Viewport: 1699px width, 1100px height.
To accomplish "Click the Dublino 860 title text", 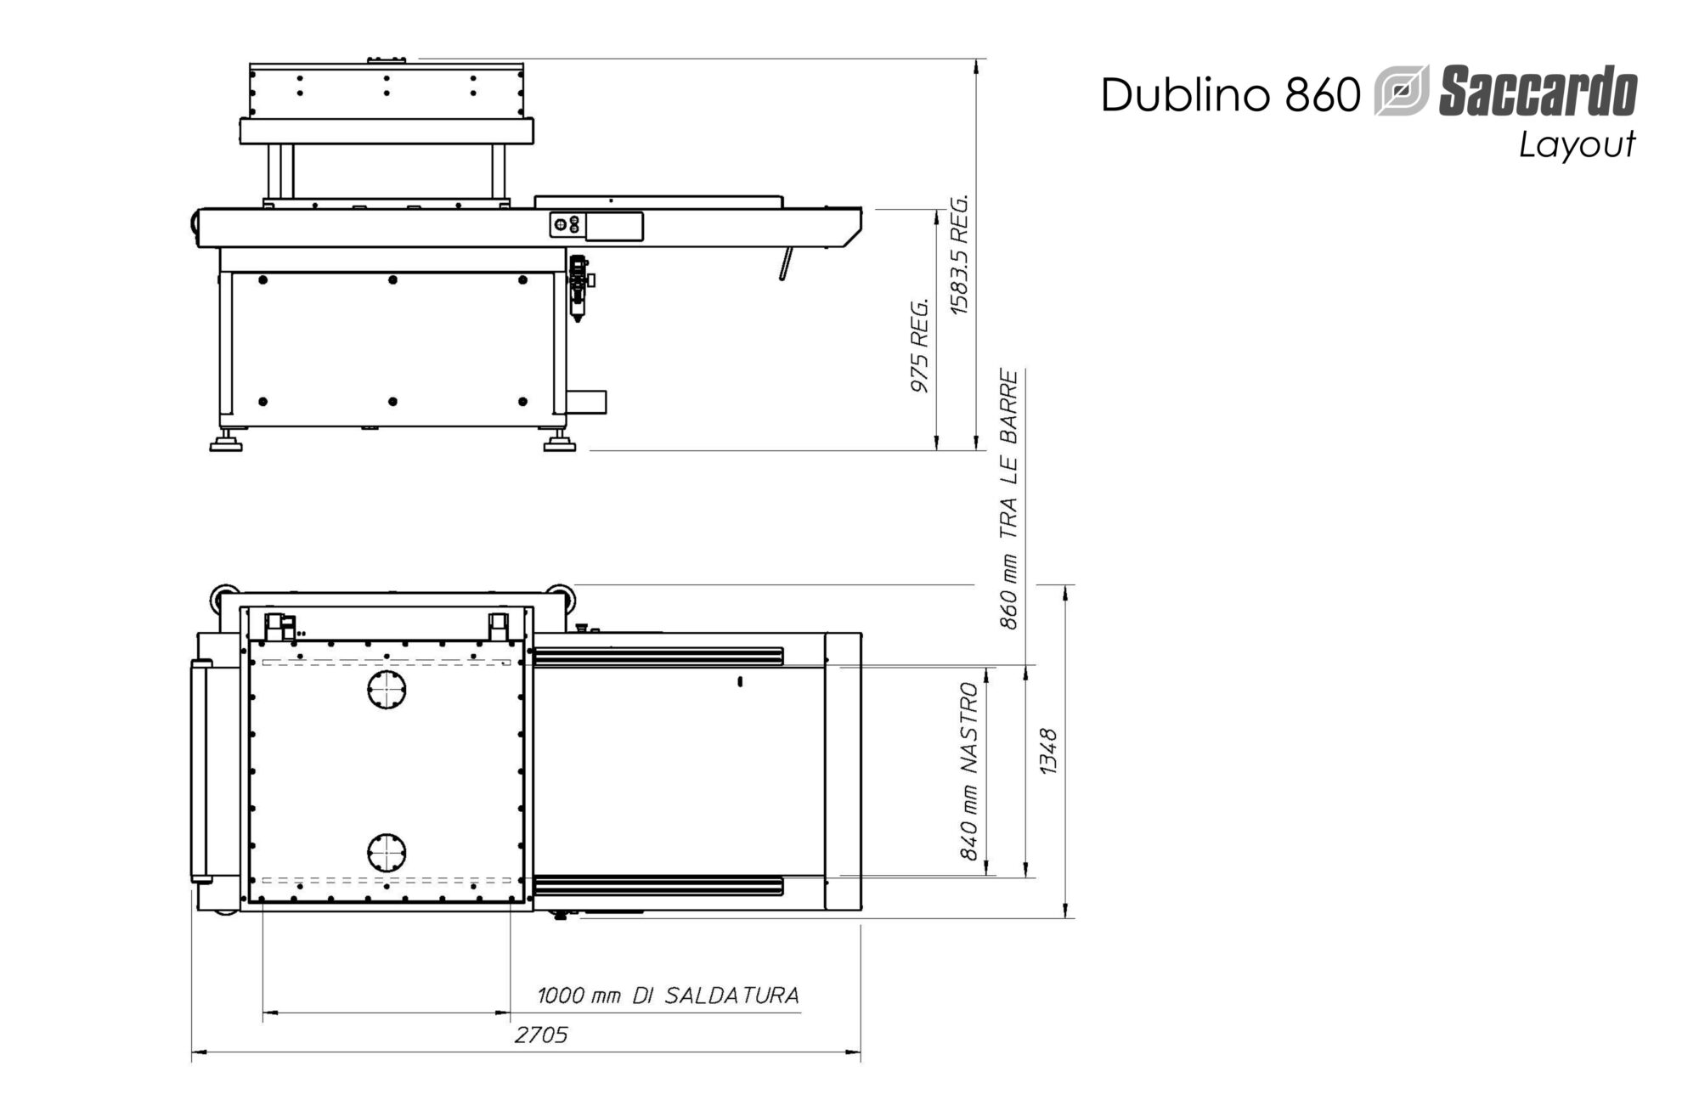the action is [x=1231, y=94].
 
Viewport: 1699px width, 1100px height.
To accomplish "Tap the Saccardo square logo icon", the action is [x=1402, y=90].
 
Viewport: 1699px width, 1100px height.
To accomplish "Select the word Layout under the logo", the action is [x=1577, y=144].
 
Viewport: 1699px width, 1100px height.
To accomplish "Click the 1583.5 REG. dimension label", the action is [x=959, y=255].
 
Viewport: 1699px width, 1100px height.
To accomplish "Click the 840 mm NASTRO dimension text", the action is [x=970, y=771].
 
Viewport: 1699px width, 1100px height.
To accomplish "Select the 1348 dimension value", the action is [x=1049, y=751].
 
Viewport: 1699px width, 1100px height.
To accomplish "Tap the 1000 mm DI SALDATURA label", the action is [x=668, y=995].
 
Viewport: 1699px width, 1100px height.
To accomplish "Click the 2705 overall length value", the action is [x=540, y=1035].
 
